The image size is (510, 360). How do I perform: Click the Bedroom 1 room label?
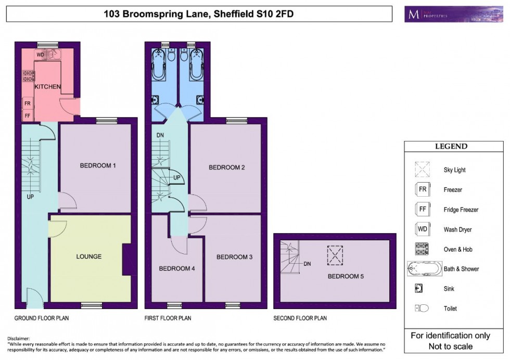click(x=97, y=166)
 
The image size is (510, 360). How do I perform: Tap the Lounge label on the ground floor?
click(x=88, y=256)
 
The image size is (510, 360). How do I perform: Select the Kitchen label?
click(x=48, y=86)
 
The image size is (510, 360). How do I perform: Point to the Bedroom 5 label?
click(x=346, y=276)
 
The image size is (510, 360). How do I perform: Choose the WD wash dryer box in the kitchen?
click(x=41, y=55)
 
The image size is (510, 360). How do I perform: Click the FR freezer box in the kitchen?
click(x=27, y=104)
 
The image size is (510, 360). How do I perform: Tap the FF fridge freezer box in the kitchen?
click(x=27, y=115)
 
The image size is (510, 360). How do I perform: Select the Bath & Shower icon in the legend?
click(x=423, y=269)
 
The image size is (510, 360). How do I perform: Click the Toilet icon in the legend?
click(x=422, y=308)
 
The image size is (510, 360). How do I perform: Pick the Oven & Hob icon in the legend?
click(x=422, y=249)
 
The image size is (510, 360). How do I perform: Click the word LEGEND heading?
click(x=451, y=147)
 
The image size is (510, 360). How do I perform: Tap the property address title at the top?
click(x=199, y=14)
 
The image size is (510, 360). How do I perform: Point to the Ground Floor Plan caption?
click(x=42, y=318)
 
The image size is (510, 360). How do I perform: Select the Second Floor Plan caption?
click(x=300, y=318)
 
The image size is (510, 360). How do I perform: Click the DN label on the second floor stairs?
click(x=307, y=264)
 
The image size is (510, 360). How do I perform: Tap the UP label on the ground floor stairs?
click(x=30, y=197)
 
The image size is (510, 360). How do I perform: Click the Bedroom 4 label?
click(x=176, y=268)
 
